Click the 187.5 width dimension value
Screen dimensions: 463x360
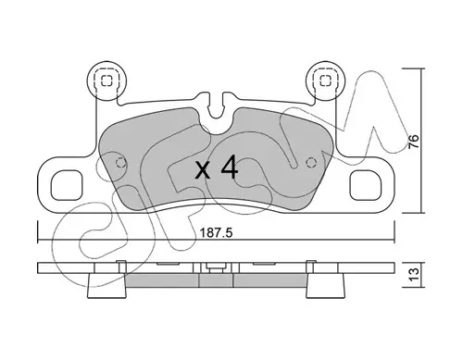216,233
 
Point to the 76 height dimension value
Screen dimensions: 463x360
414,142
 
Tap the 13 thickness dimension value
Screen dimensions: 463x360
414,274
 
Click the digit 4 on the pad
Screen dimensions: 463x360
230,167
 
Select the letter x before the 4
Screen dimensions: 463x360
203,170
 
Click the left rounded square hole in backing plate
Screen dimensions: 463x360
67,186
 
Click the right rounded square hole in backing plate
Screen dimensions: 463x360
366,186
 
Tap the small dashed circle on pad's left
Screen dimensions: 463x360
120,162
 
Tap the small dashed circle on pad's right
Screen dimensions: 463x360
311,162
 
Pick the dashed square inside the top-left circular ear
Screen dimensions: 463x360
106,81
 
